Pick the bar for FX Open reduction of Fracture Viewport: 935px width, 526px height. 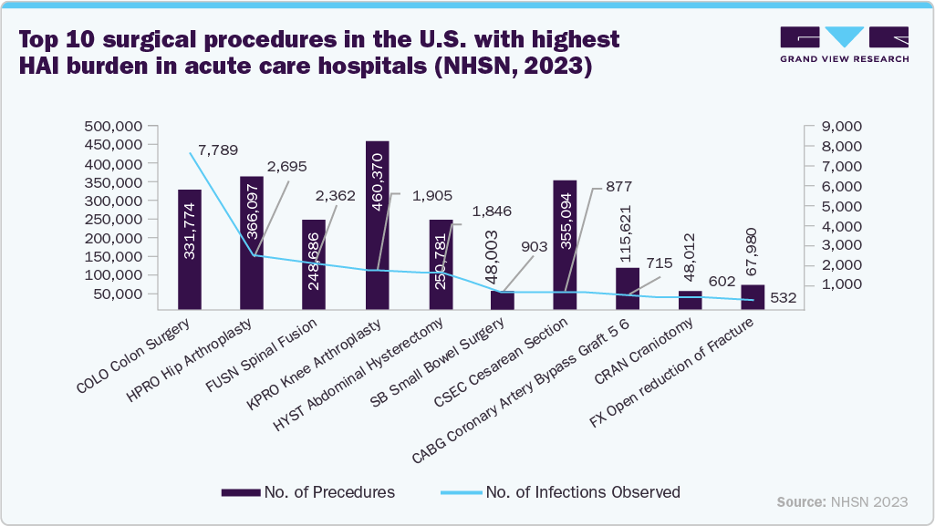pos(753,297)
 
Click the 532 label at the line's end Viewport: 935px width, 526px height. pos(783,298)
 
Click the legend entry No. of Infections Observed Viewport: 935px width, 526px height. pos(583,492)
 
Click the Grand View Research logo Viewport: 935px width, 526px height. pos(844,45)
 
